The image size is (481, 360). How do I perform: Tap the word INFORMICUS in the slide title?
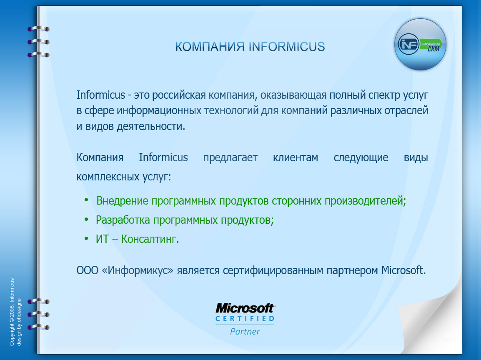[286, 46]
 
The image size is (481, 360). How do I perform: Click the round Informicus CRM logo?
[420, 44]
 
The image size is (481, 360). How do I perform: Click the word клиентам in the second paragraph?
[296, 158]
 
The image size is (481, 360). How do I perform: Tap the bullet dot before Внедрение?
[86, 200]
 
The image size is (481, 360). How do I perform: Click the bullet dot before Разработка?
[86, 219]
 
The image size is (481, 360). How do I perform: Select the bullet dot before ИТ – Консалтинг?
[86, 238]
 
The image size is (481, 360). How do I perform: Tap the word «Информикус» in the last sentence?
[138, 270]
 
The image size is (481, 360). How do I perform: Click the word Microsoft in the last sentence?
[403, 270]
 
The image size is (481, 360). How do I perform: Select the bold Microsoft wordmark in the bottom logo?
[245, 308]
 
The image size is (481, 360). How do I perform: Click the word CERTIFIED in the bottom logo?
[245, 319]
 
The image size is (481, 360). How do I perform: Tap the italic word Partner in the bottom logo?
[245, 332]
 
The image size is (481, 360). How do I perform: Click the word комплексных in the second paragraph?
[106, 177]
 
